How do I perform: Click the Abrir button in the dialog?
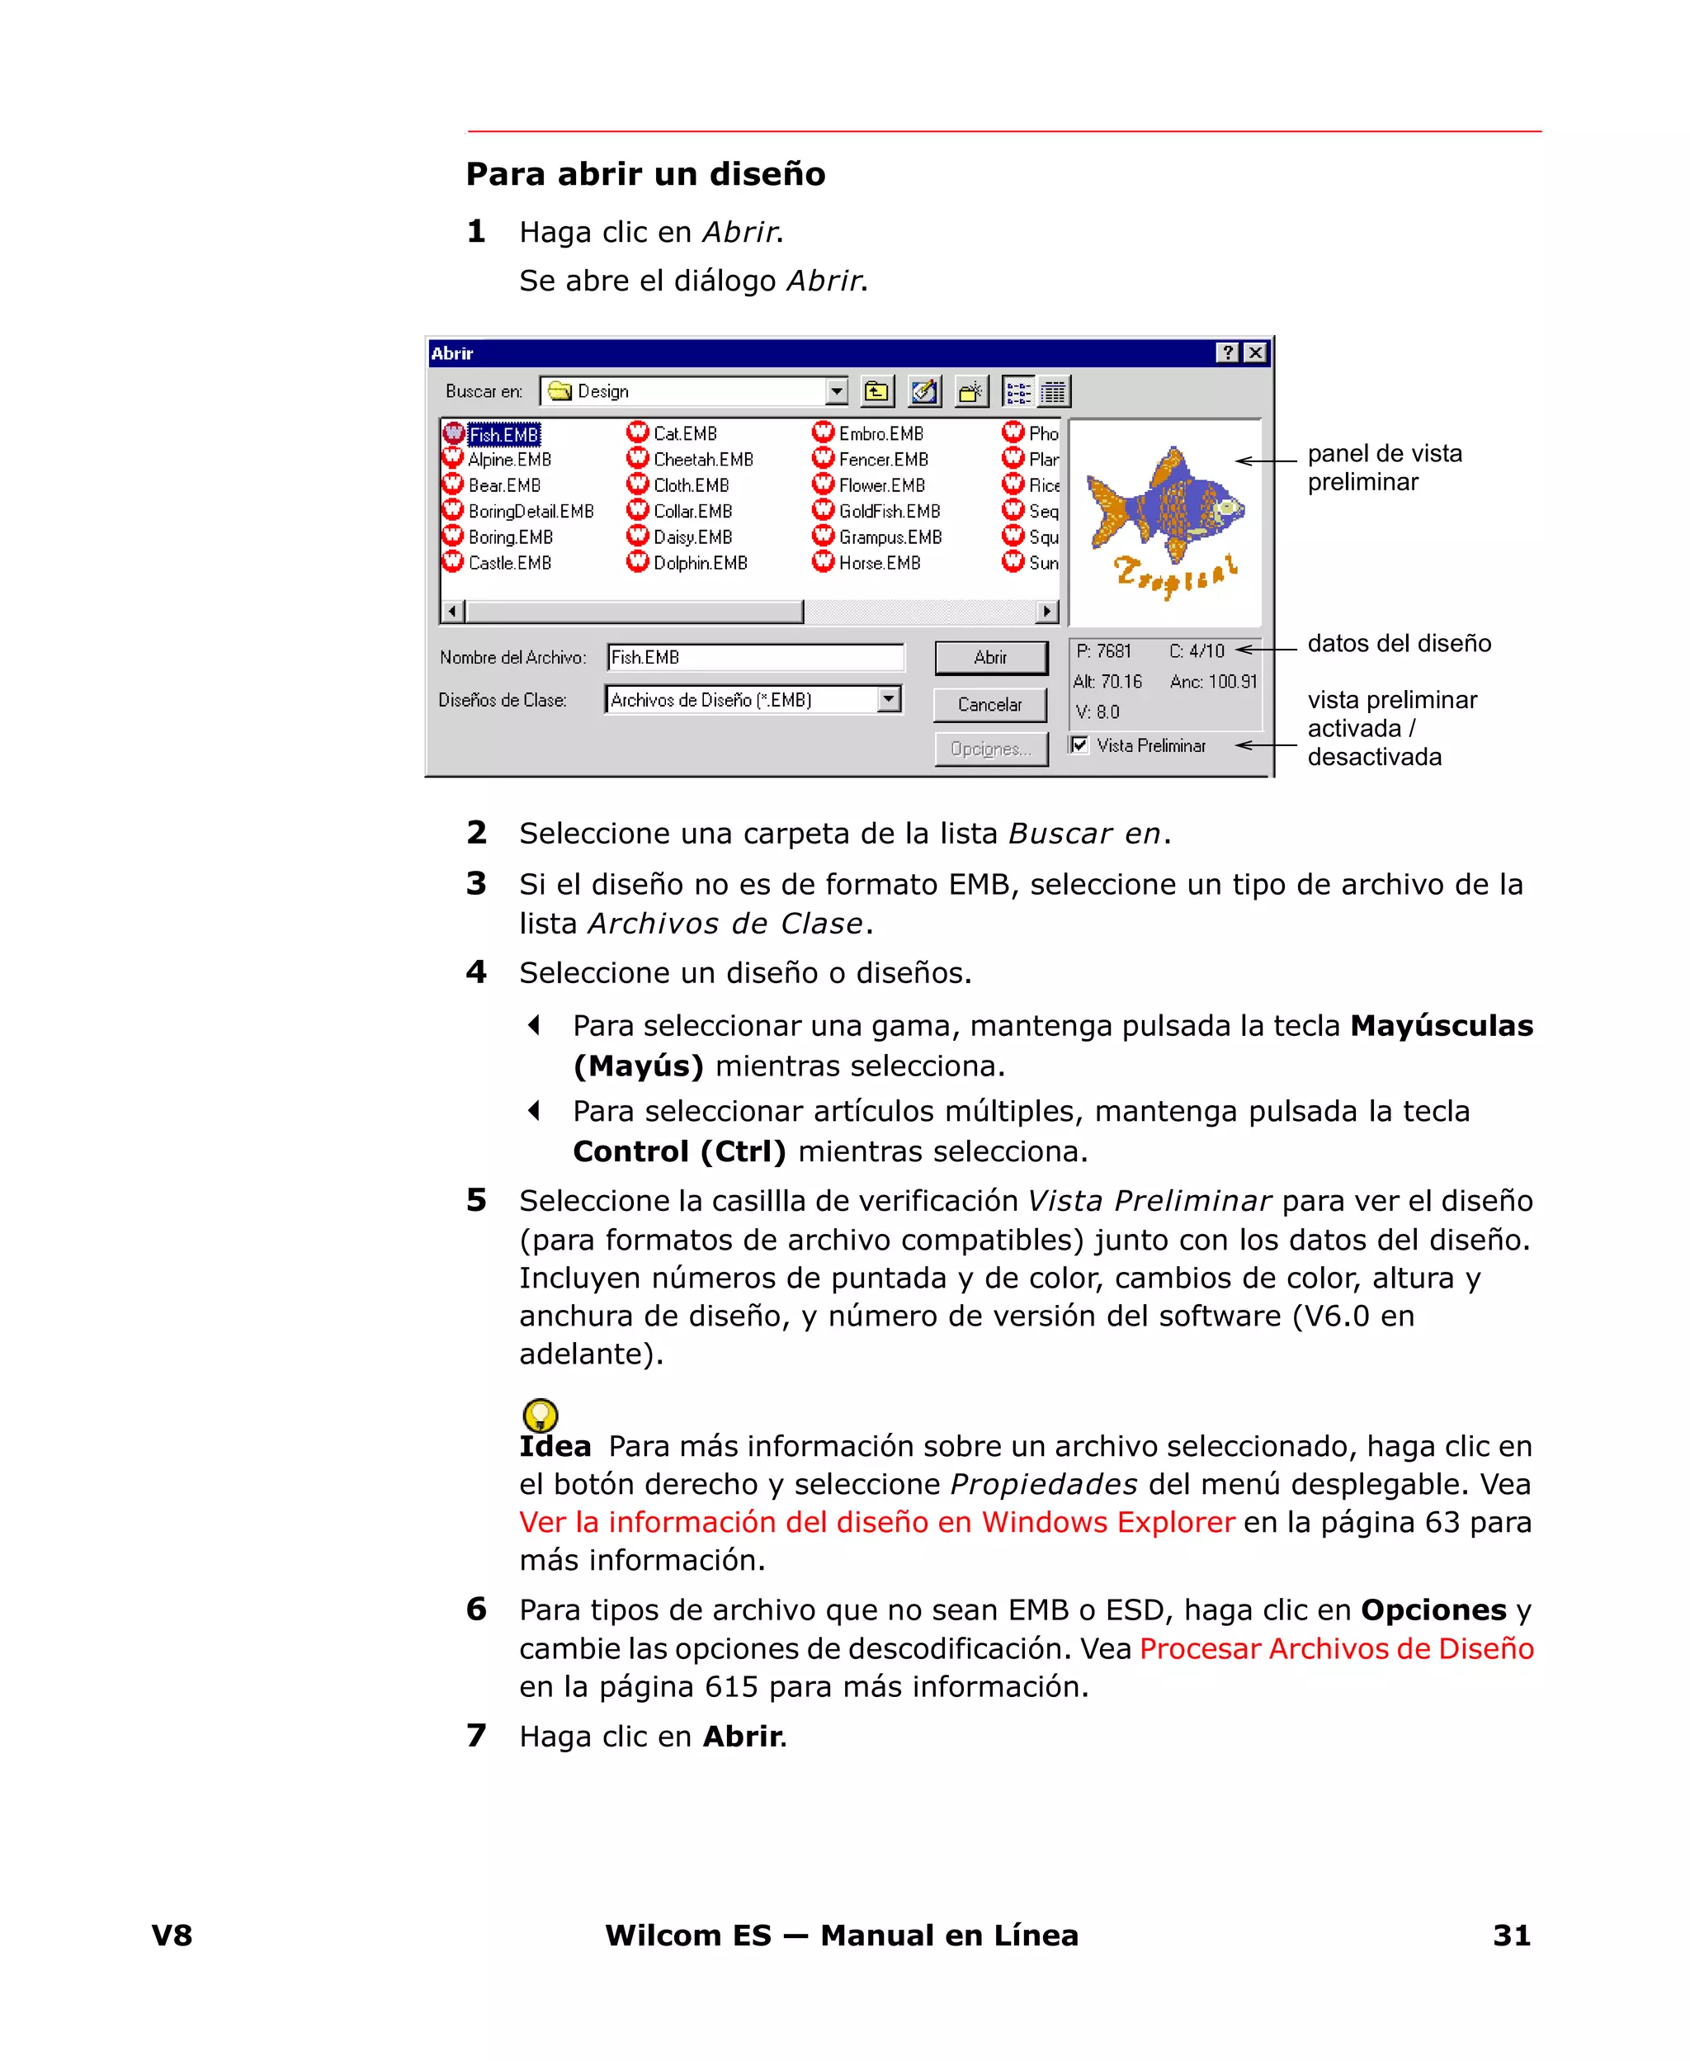990,657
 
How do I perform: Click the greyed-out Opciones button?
990,749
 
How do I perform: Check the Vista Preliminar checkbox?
1079,745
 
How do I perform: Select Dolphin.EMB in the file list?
699,563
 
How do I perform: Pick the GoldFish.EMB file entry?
889,511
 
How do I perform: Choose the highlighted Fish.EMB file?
503,434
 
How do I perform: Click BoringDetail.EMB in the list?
531,511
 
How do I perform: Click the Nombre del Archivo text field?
754,657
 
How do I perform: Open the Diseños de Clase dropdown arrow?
888,699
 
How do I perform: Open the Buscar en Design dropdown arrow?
836,391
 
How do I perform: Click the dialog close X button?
1256,352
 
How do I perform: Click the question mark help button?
1229,352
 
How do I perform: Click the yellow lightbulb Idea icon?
541,1415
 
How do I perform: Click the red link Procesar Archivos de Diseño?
1336,1648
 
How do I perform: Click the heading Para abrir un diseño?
645,174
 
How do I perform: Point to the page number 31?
1511,1935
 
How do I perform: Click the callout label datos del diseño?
1398,644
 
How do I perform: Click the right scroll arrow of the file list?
1046,612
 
